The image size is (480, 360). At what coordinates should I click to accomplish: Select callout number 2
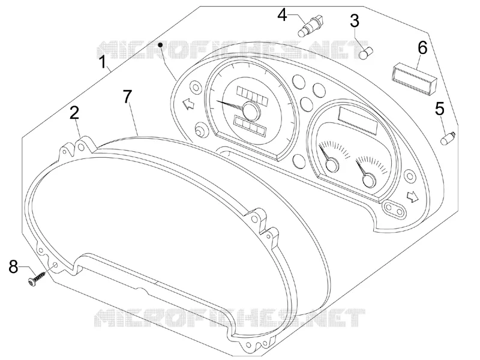click(x=74, y=113)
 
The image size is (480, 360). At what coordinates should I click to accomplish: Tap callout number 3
click(x=355, y=21)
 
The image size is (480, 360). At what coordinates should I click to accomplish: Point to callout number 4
click(x=282, y=14)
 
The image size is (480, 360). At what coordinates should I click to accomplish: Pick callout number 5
click(x=440, y=109)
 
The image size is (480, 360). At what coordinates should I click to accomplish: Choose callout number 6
click(x=422, y=48)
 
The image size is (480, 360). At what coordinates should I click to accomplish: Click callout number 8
click(x=13, y=266)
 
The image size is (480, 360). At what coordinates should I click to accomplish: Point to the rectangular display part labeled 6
click(x=415, y=77)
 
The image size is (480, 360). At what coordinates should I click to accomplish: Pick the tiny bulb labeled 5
click(x=448, y=138)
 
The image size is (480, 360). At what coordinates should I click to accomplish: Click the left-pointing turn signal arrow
click(x=188, y=104)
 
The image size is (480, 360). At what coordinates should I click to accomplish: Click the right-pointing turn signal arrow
click(x=413, y=196)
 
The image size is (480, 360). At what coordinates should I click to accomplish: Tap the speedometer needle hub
click(x=251, y=110)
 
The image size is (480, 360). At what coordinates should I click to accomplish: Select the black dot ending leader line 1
click(x=160, y=44)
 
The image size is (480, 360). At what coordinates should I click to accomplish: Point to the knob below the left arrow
click(x=201, y=130)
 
